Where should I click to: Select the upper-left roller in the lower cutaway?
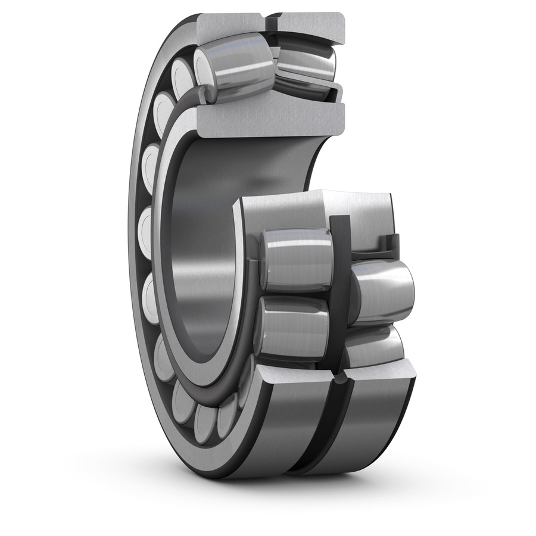point(295,260)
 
